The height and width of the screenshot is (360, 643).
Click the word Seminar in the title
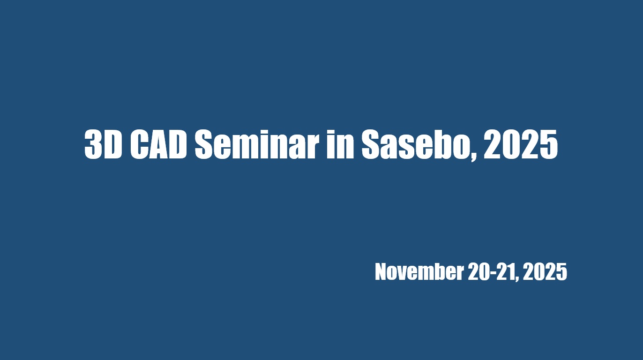[257, 144]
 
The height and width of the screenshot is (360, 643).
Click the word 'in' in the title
[340, 144]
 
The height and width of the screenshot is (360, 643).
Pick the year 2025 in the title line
[521, 144]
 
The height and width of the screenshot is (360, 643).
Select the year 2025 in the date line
[545, 271]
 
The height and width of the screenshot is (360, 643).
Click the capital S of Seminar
[205, 144]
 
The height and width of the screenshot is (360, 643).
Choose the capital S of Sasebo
[372, 144]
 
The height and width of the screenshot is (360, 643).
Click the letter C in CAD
[140, 144]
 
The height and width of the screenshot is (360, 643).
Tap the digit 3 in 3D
[94, 144]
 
